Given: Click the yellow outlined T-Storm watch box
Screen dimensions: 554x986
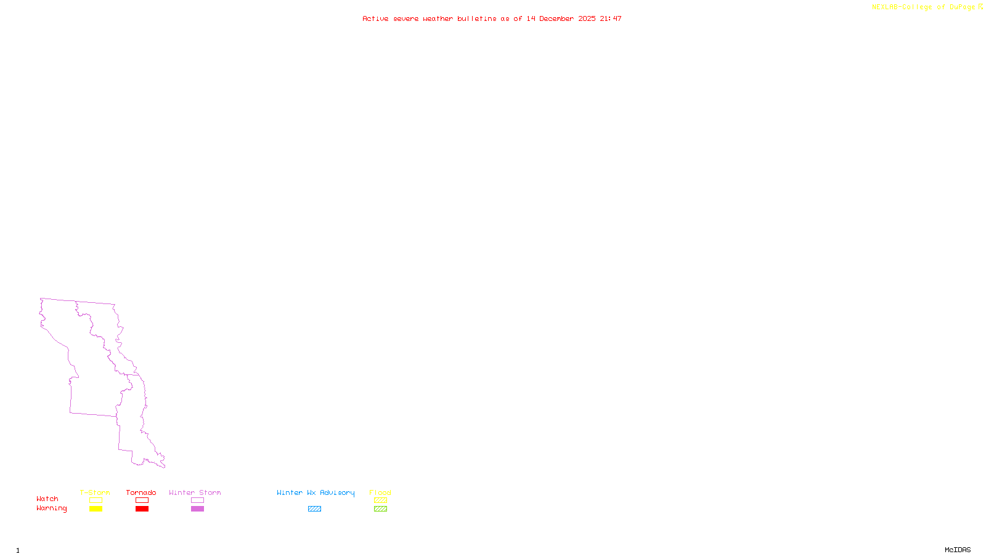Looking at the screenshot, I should tap(96, 500).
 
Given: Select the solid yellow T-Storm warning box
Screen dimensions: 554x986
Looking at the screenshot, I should tap(96, 509).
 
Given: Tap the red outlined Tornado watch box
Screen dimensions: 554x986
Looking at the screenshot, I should tap(142, 500).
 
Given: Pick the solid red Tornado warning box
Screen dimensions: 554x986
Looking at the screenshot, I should tap(142, 509).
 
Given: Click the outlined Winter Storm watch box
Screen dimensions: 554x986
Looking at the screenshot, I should tap(197, 500).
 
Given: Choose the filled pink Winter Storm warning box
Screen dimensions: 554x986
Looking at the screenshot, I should tap(197, 509).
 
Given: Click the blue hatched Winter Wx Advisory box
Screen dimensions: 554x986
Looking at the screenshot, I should tap(314, 509).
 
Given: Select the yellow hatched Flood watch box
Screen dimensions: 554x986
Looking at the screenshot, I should tap(380, 500).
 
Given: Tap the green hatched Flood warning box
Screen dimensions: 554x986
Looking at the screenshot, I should tap(380, 509).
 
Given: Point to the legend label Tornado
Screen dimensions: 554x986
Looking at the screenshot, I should tap(141, 492).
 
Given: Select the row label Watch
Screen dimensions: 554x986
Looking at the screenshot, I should tap(47, 499).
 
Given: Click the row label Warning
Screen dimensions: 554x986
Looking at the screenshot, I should tap(51, 508).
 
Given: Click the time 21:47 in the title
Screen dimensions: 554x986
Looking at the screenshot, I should tap(611, 18).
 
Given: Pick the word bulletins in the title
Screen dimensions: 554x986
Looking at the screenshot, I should tap(476, 18).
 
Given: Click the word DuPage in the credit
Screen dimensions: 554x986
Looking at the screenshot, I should tap(962, 7).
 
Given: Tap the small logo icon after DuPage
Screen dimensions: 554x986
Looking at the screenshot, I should tap(980, 7).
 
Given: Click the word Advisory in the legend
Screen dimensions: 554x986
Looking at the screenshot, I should tap(337, 493).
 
